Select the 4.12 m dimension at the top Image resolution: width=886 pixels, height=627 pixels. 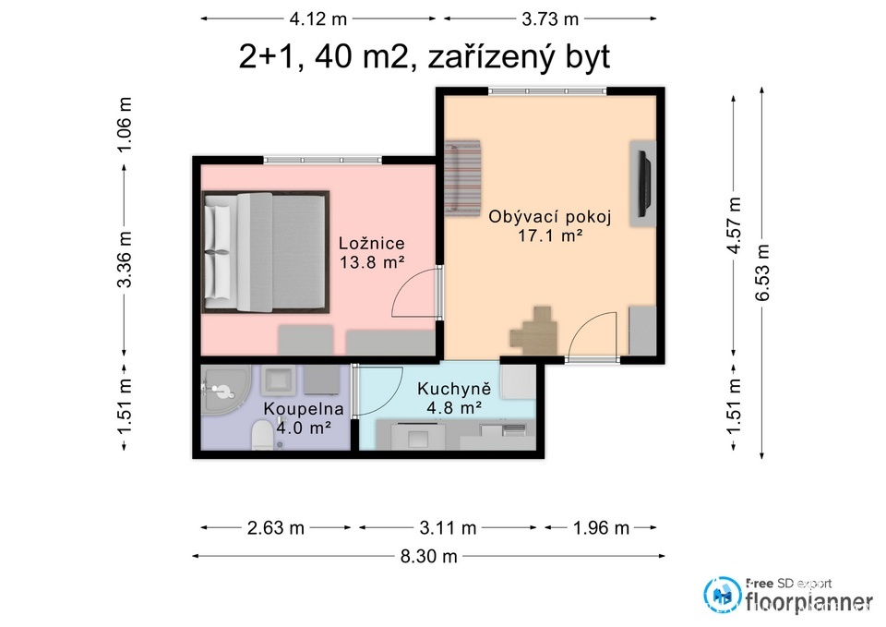320,18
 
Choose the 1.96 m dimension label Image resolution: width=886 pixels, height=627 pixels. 600,528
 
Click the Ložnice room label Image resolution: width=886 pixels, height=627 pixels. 372,244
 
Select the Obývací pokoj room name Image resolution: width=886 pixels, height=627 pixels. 537,217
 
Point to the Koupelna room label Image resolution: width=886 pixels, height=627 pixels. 304,408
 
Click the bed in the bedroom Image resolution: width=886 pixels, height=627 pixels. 266,251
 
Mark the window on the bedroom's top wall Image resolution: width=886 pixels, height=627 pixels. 323,161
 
